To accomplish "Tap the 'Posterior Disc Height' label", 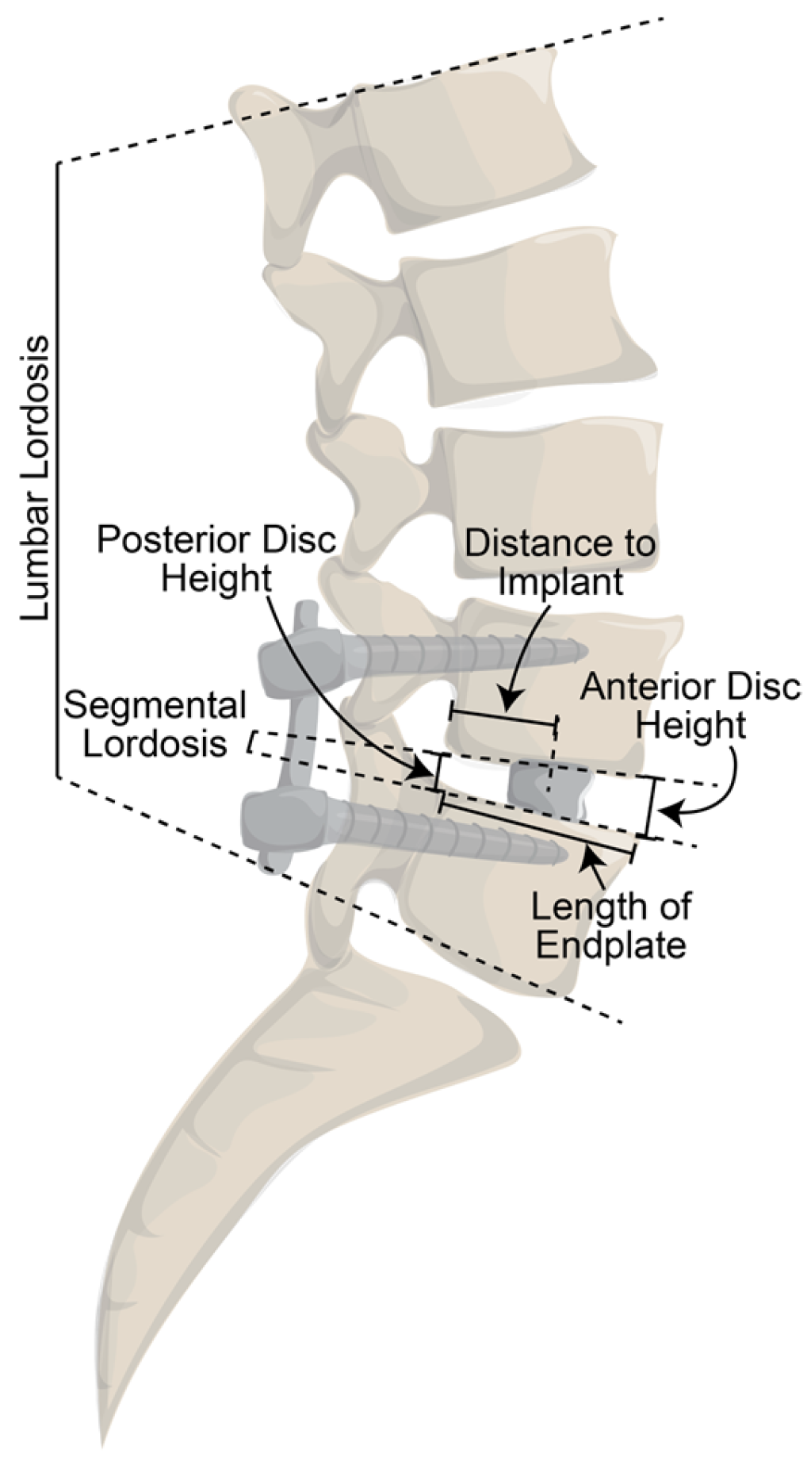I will (x=216, y=560).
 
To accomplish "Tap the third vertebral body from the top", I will (x=547, y=500).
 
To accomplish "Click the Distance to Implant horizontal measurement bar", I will (x=504, y=719).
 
